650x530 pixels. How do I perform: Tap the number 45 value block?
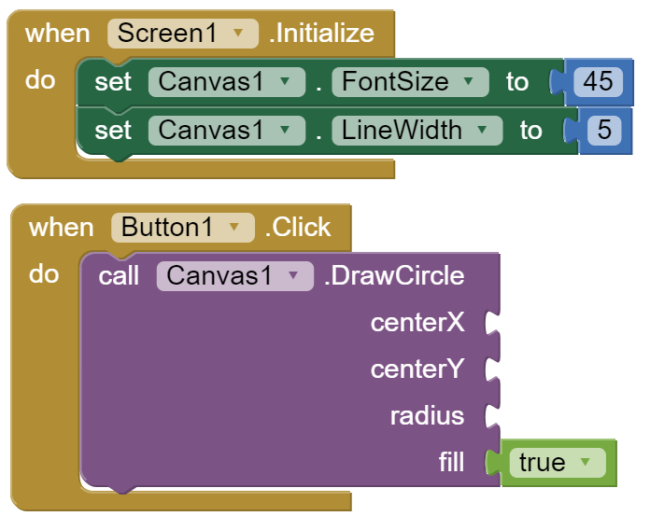[x=598, y=82]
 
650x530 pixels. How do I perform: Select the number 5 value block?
[x=604, y=130]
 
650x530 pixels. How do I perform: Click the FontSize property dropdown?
[x=410, y=82]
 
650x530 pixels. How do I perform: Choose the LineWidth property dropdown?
[x=417, y=130]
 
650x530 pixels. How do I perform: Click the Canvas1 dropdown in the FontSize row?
[x=226, y=82]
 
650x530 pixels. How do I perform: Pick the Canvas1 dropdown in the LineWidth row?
[x=226, y=130]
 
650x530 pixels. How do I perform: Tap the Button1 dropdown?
[x=183, y=228]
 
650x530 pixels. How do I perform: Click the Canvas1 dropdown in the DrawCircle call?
[x=234, y=276]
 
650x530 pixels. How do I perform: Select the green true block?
[x=556, y=463]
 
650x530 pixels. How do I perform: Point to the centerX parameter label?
[x=417, y=323]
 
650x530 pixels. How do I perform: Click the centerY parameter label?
[x=417, y=370]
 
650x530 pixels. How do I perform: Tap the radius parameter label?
[x=427, y=416]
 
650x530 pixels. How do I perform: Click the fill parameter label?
[x=451, y=463]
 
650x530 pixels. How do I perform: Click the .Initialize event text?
[x=321, y=34]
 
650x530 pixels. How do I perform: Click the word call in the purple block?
[x=119, y=276]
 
